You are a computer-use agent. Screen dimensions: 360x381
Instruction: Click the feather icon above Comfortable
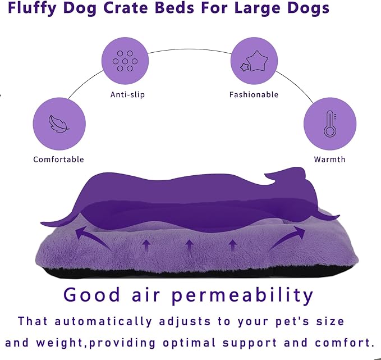point(59,124)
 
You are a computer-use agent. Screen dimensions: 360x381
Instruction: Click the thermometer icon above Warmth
point(329,124)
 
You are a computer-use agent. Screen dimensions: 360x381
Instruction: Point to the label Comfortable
point(58,160)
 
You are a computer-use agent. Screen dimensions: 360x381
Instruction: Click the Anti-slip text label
point(127,95)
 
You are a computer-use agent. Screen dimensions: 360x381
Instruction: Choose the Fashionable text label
point(254,95)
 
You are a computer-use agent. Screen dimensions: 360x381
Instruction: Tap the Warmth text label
point(329,160)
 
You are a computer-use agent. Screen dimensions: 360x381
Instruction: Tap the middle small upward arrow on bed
point(189,245)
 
